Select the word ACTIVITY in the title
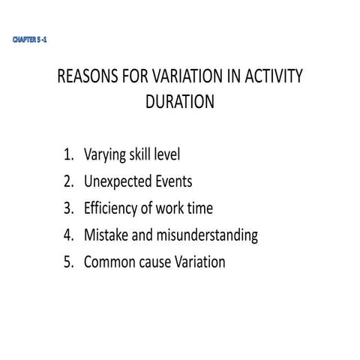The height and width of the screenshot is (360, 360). point(272,79)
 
